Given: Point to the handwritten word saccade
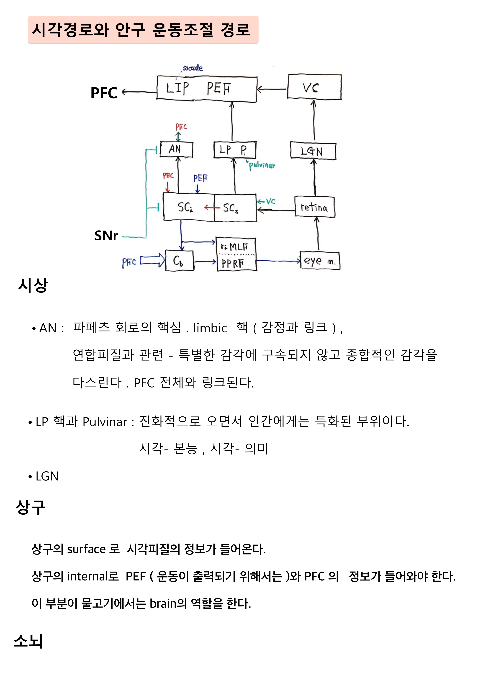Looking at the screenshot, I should [193, 68].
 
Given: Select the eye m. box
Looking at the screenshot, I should [320, 261].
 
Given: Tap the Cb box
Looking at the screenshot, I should [179, 261].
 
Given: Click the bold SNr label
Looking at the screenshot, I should [106, 236].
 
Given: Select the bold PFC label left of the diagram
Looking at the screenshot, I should [104, 93].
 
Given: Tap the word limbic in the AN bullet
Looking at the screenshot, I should [210, 328].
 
